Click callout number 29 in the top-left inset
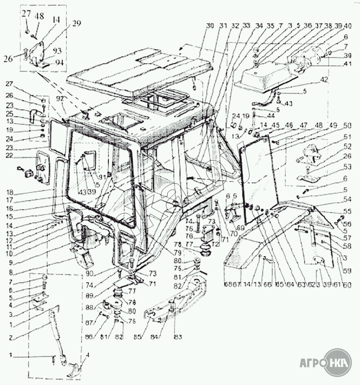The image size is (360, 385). click(76, 23)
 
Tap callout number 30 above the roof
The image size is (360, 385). click(210, 26)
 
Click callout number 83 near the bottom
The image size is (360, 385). click(178, 337)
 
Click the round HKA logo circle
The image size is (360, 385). click(338, 363)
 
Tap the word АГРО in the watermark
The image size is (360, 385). click(312, 363)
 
